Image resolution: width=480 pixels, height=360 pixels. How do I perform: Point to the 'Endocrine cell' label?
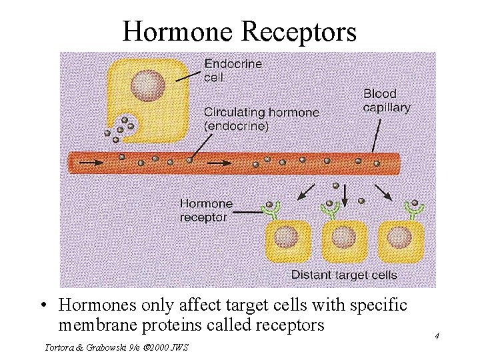(x=233, y=70)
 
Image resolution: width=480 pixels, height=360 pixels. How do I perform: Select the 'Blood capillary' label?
(x=386, y=100)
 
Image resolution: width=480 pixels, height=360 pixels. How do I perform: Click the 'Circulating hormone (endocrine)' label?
(x=261, y=119)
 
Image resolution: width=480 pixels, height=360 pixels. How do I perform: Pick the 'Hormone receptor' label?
(x=206, y=210)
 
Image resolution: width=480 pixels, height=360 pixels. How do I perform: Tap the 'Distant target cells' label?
(x=344, y=275)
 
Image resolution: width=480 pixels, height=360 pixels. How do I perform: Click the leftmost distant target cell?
(x=288, y=240)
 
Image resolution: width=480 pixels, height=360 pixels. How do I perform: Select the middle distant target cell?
(x=344, y=240)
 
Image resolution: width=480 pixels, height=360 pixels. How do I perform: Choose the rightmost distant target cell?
(x=401, y=240)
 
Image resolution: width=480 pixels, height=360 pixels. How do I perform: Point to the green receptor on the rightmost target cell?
(x=415, y=208)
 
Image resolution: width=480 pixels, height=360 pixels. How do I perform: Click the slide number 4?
(x=437, y=336)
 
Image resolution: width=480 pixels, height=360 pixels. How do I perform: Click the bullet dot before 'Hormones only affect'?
(x=43, y=306)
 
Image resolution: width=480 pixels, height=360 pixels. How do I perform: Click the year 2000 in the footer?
(x=158, y=347)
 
